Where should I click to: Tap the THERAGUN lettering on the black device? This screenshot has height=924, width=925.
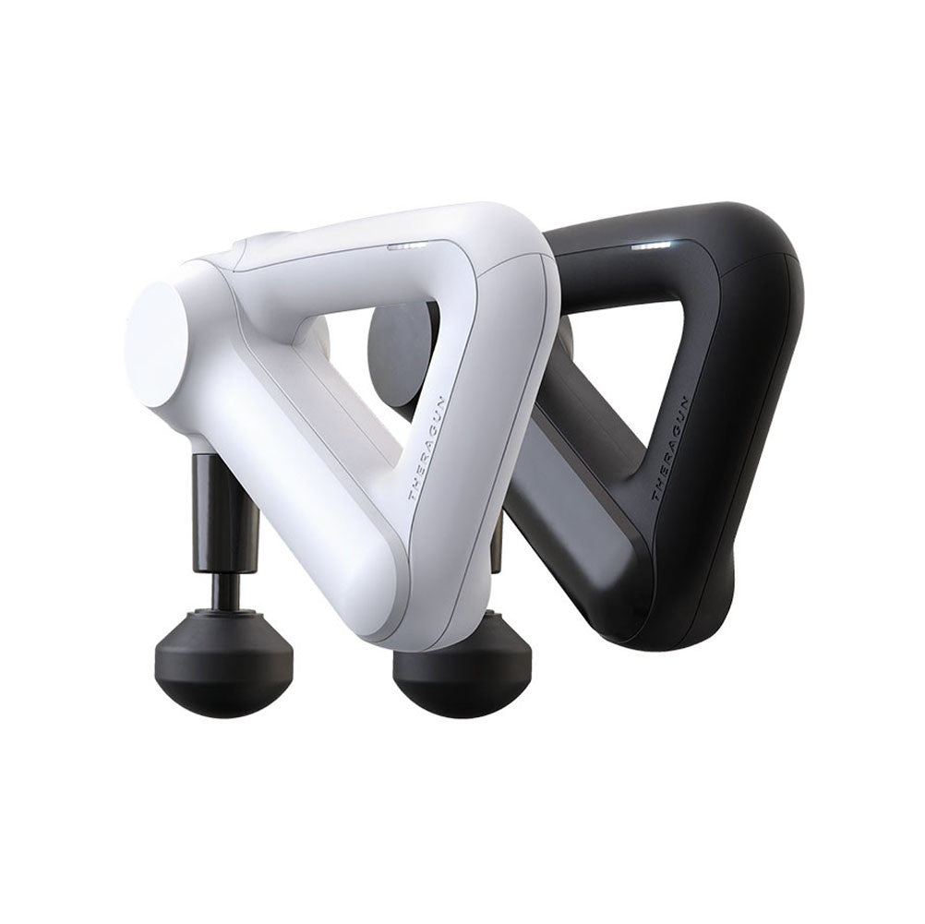[672, 448]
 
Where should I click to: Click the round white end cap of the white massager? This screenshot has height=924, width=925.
[156, 344]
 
